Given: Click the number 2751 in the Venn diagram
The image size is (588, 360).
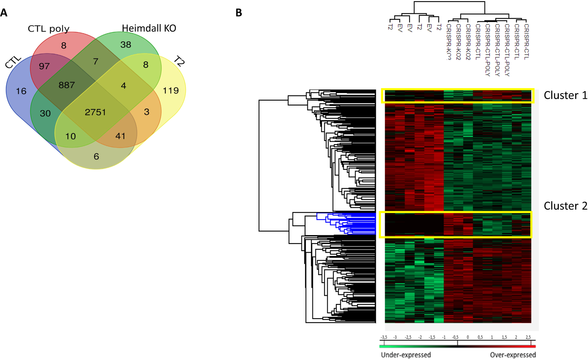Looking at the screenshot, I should pos(95,112).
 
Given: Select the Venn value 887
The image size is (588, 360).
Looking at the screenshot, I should pos(66,85).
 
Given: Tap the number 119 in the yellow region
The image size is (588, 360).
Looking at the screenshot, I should pos(170,90).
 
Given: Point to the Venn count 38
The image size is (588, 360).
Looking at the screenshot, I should pos(126,45).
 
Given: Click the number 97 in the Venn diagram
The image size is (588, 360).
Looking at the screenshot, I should pos(44,66).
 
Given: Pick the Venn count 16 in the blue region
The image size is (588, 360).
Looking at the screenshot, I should pos(21,91).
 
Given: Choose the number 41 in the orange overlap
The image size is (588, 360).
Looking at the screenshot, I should pos(120,136).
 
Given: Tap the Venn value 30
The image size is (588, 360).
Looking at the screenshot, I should pos(45,113).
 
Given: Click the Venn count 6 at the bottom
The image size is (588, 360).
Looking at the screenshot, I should pos(96,157).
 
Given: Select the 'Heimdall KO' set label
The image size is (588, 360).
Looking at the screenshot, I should pos(149,28).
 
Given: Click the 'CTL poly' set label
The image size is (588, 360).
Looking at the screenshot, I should pos(49,29).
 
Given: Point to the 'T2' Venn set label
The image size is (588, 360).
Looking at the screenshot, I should pos(179,62).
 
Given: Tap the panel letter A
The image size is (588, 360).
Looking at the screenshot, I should pos(4,13).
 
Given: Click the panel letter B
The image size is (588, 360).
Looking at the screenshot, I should pos(239,13).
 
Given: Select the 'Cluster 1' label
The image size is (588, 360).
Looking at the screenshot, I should pos(565,95).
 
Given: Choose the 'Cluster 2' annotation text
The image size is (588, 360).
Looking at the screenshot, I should pos(565,206).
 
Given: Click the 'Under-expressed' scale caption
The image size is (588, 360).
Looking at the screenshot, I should pos(406,354).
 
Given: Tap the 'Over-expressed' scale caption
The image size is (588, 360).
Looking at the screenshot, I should pos(513,354).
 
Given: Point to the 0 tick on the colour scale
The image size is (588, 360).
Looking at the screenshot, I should pos(468,337).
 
